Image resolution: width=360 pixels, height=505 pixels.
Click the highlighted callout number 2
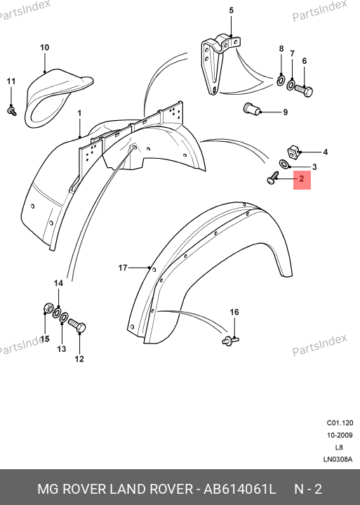[302, 178]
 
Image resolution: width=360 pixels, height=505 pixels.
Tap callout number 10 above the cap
[44, 48]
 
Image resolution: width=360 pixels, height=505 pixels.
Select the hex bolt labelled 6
[304, 91]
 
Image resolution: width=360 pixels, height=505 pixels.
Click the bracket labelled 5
[220, 64]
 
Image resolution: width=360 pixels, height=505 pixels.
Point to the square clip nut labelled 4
[292, 152]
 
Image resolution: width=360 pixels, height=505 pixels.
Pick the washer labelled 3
[284, 164]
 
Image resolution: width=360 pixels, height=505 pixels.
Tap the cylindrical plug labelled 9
[251, 109]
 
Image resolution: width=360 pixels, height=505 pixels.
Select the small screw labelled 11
[12, 111]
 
